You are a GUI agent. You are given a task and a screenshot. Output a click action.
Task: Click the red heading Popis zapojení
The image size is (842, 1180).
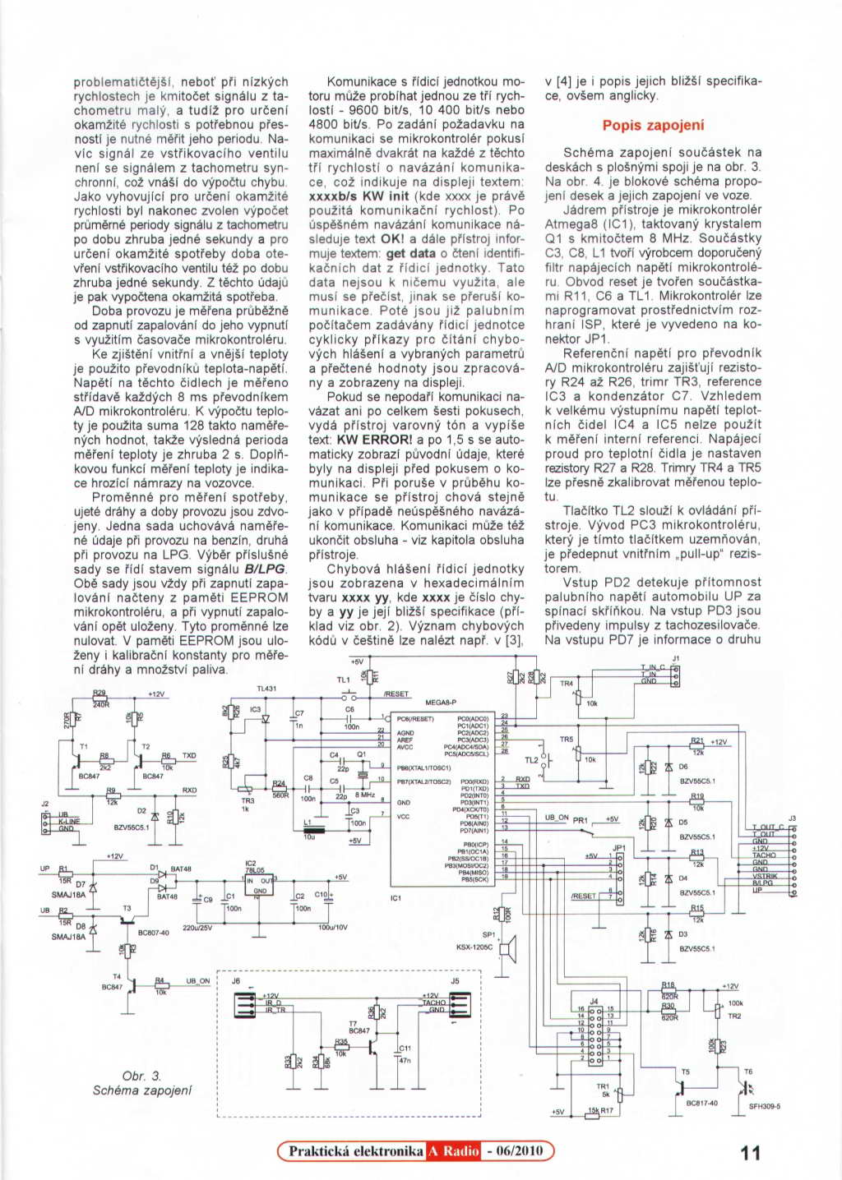pyautogui.click(x=653, y=126)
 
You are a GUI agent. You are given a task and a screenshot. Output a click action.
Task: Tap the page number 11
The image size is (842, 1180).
pyautogui.click(x=750, y=1152)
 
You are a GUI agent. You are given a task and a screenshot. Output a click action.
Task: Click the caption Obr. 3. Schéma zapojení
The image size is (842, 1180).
pyautogui.click(x=142, y=1083)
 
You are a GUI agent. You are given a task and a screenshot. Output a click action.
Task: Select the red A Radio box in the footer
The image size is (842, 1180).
pyautogui.click(x=453, y=1151)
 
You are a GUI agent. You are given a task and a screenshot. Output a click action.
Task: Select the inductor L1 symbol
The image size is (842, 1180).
pyautogui.click(x=315, y=830)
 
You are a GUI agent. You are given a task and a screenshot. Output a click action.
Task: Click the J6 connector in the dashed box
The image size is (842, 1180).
pyautogui.click(x=248, y=1005)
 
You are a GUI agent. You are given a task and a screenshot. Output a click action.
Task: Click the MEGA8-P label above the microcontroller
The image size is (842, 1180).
pyautogui.click(x=440, y=703)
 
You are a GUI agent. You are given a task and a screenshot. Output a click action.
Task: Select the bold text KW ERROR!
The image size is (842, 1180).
pyautogui.click(x=374, y=440)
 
